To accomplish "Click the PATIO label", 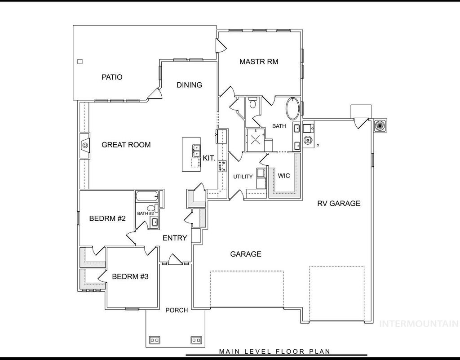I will click(x=112, y=77).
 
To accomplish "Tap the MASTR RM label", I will click(x=258, y=62).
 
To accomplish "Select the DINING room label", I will click(x=189, y=85).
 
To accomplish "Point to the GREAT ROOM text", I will click(x=126, y=145).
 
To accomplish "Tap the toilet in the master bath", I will click(x=252, y=104).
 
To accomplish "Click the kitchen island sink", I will click(x=196, y=151).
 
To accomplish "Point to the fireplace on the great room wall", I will click(x=84, y=146).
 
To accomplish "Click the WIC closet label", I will click(x=284, y=176).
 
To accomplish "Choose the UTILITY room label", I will click(x=243, y=177).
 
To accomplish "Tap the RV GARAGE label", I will click(x=339, y=203).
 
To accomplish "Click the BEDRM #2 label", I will click(x=107, y=219).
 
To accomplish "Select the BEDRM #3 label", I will click(x=130, y=276).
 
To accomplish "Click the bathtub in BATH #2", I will click(x=147, y=196).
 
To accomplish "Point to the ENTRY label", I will click(x=175, y=238).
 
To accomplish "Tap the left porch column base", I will click(x=154, y=339).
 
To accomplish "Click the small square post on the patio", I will click(x=80, y=62).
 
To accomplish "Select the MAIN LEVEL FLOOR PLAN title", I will click(x=274, y=351).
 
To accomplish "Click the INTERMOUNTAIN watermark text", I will click(x=419, y=323).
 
